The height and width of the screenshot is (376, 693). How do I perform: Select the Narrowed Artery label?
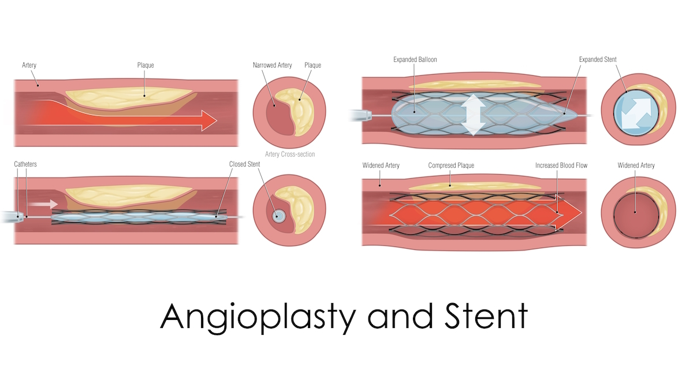(272, 65)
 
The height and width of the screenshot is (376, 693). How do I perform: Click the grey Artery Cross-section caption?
(290, 154)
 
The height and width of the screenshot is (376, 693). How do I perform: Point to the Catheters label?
(25, 164)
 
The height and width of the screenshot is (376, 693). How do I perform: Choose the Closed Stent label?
(244, 164)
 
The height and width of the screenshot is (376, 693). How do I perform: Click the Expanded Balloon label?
(415, 60)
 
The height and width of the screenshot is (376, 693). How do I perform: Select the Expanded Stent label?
(598, 60)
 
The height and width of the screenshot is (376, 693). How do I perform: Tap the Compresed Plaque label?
(451, 165)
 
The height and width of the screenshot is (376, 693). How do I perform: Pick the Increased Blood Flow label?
(561, 165)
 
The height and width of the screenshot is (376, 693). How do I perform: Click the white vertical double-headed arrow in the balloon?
(472, 113)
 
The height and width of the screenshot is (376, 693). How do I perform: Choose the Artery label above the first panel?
(29, 65)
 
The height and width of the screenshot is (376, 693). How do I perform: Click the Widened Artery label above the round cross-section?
(636, 165)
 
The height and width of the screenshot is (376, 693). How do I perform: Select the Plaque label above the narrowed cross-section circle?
(312, 65)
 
